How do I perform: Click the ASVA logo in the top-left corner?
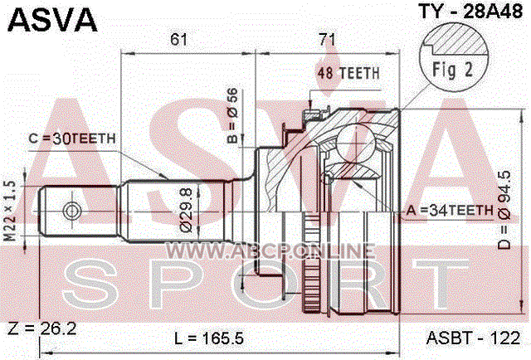click(x=52, y=20)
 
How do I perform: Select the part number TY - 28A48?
click(x=470, y=12)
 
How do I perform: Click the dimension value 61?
click(x=178, y=40)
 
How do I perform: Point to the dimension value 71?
click(x=327, y=40)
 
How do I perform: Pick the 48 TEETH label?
click(x=348, y=73)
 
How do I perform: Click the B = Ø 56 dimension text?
click(x=232, y=115)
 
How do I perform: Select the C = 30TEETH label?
click(x=72, y=139)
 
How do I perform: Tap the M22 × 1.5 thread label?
click(x=11, y=211)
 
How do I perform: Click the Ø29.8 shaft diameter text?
click(x=186, y=210)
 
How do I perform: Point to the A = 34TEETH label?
click(x=450, y=211)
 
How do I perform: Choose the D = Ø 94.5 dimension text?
click(x=504, y=210)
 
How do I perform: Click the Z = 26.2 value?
click(x=42, y=328)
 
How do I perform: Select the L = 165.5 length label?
click(x=209, y=338)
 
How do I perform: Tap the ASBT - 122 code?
click(x=473, y=338)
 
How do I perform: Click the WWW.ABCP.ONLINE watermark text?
click(x=270, y=251)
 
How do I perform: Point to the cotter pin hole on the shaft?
click(x=72, y=212)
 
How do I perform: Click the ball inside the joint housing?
click(x=357, y=144)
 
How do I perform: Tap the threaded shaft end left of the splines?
click(x=80, y=212)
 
